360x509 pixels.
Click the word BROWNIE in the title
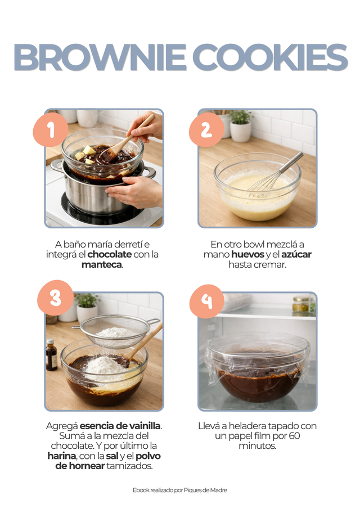tap(100, 57)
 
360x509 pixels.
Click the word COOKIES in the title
tap(271, 57)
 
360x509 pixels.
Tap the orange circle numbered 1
tap(51, 130)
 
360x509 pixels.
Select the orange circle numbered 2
tap(206, 130)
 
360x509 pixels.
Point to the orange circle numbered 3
tap(55, 298)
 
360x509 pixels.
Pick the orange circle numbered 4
tap(207, 301)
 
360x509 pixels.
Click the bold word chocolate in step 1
tap(109, 254)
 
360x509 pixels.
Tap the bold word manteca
tap(102, 264)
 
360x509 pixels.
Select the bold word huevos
tap(247, 254)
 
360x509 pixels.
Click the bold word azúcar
tap(296, 254)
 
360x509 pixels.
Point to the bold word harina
tap(62, 456)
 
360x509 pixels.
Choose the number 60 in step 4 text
tap(294, 436)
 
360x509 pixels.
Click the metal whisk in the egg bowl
tap(274, 174)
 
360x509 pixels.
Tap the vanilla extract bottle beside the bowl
tap(51, 354)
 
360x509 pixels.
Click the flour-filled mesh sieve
tap(117, 331)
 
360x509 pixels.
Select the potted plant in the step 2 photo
tap(241, 126)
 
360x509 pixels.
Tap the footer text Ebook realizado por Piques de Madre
tap(180, 490)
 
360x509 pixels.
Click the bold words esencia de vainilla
tap(120, 426)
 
